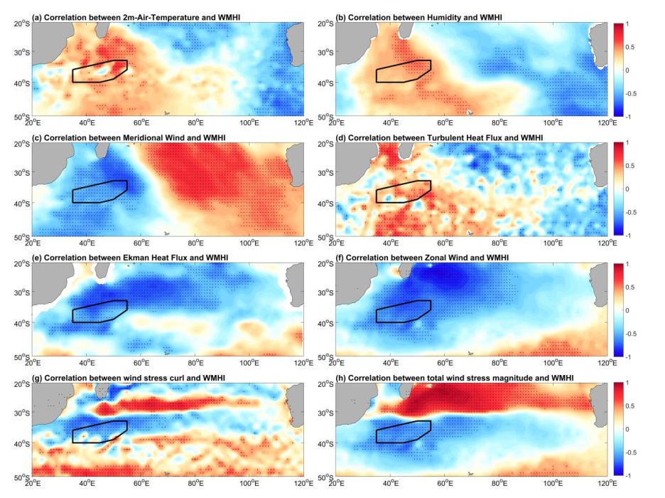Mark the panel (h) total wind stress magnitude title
(455, 376)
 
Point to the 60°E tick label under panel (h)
(445, 484)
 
